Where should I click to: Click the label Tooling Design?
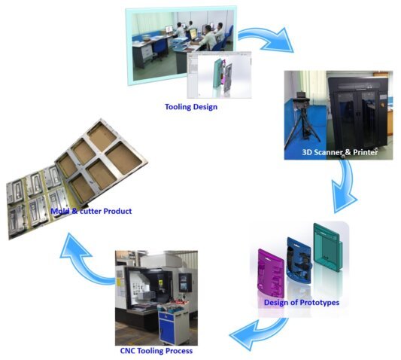(191, 107)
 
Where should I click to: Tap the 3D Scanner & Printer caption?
(339, 152)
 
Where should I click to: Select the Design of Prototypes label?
(302, 303)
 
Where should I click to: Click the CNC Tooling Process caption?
(156, 350)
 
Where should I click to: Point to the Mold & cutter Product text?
(91, 211)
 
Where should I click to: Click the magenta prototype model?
(271, 273)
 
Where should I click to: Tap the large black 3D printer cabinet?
(358, 114)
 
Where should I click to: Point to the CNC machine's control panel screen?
(185, 282)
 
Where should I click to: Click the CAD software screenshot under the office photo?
(219, 75)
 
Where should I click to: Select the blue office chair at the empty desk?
(159, 49)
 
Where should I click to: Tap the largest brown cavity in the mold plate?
(123, 158)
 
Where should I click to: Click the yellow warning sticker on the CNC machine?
(119, 282)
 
